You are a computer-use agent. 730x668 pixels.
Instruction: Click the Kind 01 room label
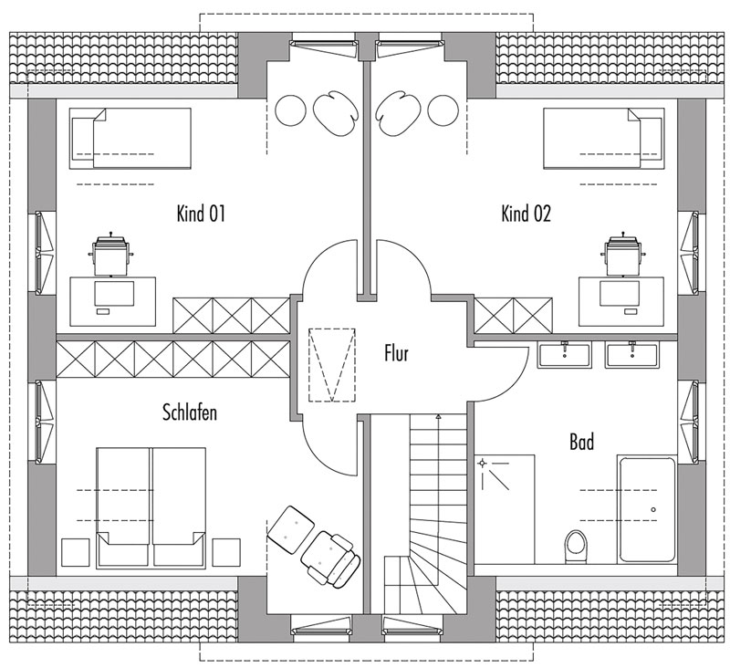201,214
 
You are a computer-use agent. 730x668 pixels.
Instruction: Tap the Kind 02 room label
526,214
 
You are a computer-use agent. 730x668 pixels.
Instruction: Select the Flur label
396,353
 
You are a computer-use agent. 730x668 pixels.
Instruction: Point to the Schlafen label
190,412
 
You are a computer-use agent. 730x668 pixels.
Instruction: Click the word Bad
581,442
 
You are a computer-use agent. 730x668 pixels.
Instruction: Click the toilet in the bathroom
577,547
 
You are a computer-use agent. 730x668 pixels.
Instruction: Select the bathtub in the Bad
647,509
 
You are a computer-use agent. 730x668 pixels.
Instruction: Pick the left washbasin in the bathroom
565,355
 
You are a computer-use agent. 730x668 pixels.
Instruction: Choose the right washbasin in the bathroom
631,355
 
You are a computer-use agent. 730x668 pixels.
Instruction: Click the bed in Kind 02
604,139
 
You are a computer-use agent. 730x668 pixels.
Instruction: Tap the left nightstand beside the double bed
75,552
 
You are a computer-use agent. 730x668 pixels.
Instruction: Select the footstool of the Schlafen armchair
291,529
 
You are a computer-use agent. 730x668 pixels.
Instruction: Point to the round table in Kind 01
290,110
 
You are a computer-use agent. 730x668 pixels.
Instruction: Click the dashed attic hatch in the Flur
332,365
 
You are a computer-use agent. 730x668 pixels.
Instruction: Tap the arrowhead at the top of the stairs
438,417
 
